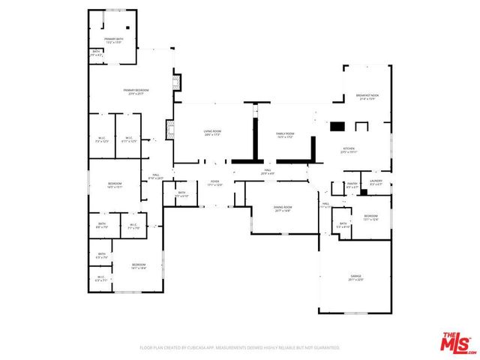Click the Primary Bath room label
click(x=114, y=40)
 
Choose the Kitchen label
click(x=349, y=151)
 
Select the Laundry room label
click(x=376, y=182)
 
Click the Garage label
click(x=355, y=277)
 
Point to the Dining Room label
click(x=283, y=208)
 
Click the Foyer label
click(x=214, y=183)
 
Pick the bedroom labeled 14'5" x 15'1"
click(x=115, y=185)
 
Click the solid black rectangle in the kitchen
click(x=337, y=127)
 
